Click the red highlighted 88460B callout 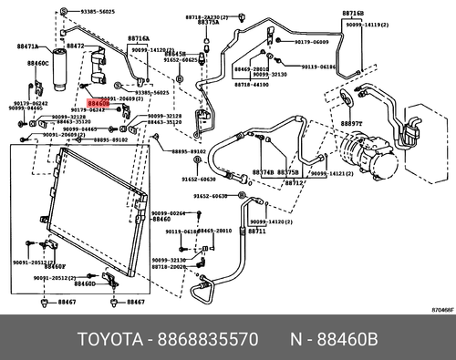[98, 106]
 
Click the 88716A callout [139, 39]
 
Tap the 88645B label [176, 54]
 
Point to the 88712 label [294, 182]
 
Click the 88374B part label [263, 172]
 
